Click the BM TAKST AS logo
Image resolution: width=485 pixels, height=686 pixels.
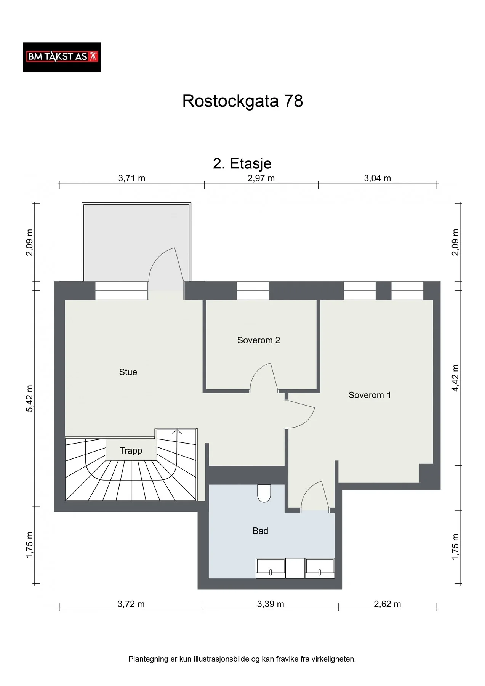[x=62, y=57]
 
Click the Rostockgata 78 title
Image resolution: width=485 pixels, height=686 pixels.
[x=243, y=101]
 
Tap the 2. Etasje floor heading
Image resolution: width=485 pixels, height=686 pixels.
[x=242, y=163]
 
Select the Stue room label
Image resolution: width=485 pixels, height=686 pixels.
[x=128, y=372]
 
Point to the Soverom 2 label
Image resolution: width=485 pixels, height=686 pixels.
[x=259, y=340]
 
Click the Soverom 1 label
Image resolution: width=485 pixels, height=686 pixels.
[x=370, y=395]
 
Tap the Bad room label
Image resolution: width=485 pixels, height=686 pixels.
[x=260, y=531]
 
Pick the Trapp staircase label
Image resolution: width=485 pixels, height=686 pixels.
[x=131, y=450]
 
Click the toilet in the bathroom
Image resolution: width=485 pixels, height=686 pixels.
[x=264, y=493]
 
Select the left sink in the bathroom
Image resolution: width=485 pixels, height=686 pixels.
[x=271, y=568]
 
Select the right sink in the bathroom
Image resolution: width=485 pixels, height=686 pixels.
[x=320, y=568]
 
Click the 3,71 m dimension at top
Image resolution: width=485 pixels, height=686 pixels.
[x=132, y=178]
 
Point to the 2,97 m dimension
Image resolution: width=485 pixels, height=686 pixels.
[x=261, y=178]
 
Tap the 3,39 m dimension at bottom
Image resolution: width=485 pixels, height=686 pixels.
[x=271, y=604]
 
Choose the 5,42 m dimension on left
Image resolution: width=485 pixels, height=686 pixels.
[x=30, y=398]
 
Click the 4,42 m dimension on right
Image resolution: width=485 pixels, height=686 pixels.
[x=455, y=378]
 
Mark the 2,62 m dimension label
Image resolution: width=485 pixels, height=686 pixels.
[x=387, y=604]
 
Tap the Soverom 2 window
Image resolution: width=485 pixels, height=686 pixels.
[x=253, y=290]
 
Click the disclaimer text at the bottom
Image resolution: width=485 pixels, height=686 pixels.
[x=242, y=659]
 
